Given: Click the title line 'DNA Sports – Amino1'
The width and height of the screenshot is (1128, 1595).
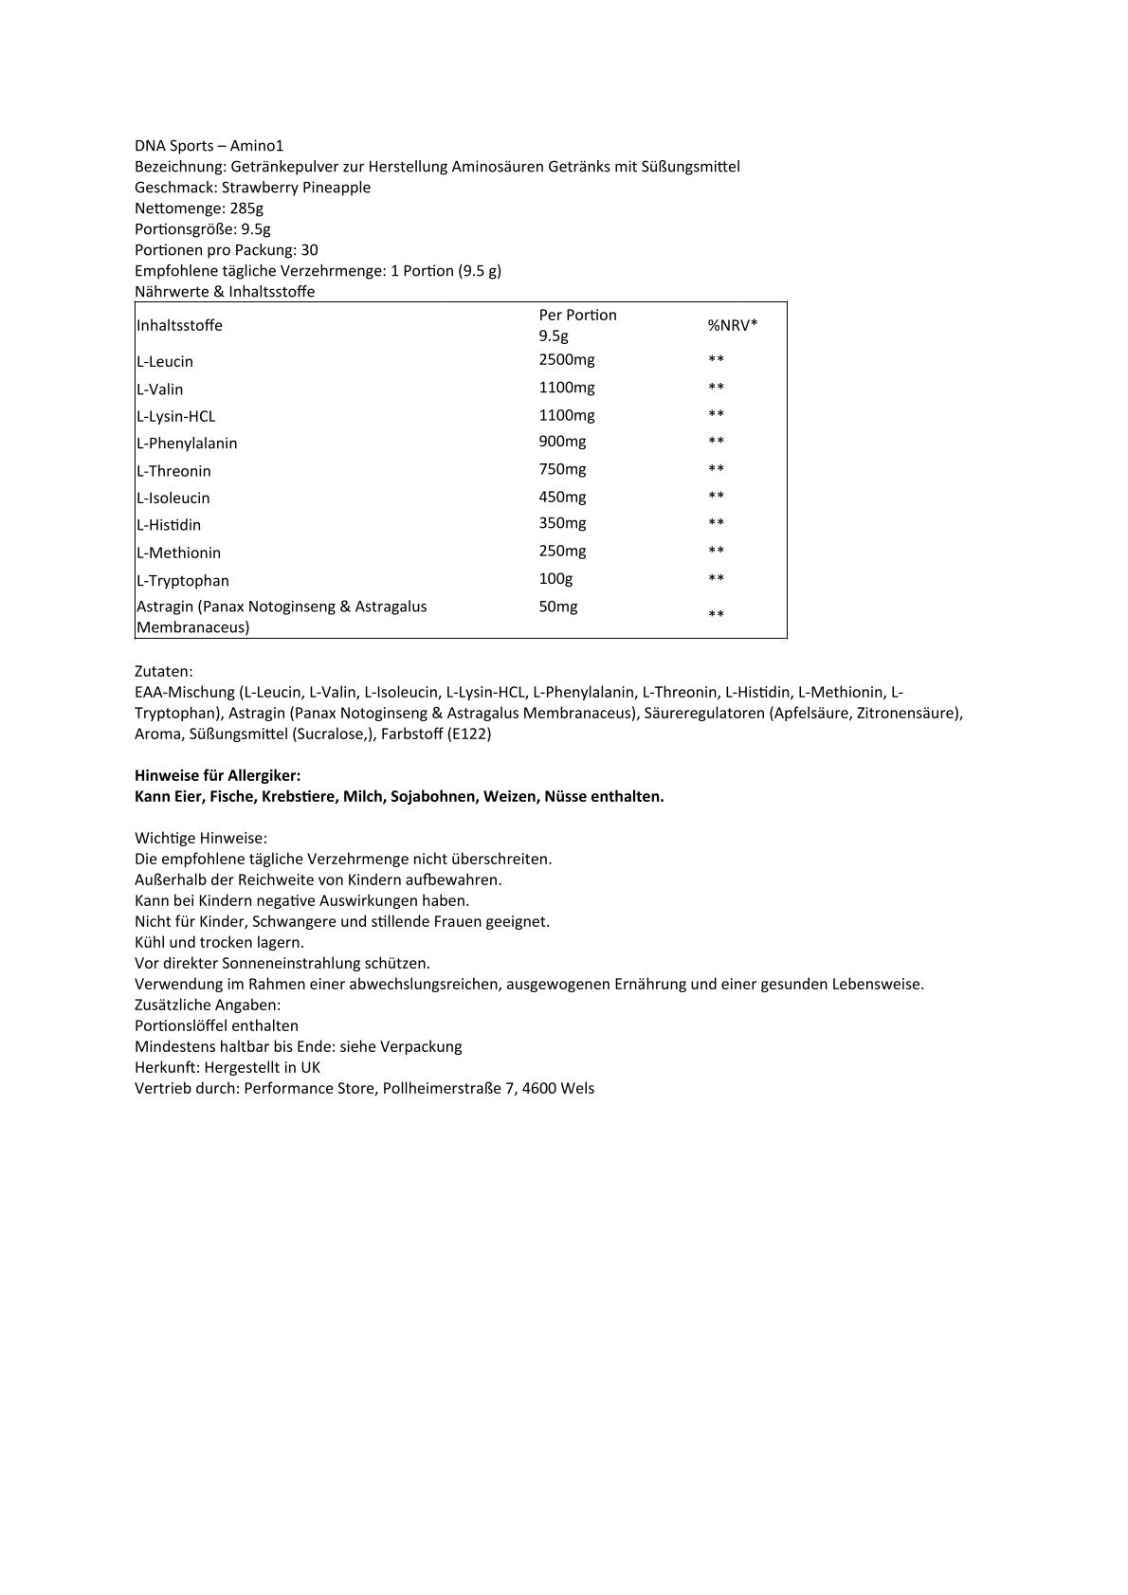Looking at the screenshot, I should [209, 146].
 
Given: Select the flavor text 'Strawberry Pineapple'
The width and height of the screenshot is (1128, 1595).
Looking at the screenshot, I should [296, 188].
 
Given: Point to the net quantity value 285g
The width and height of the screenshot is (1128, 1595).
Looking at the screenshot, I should [246, 208].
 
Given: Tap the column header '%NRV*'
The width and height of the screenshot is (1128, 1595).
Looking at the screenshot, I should [733, 325].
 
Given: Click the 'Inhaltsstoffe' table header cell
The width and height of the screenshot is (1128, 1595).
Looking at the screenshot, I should [179, 325].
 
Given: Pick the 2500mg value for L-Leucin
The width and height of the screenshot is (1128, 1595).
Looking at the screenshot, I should [567, 359].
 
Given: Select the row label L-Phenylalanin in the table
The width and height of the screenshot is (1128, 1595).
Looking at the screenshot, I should [187, 444].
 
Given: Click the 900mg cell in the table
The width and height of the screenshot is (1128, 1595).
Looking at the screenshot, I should [562, 442].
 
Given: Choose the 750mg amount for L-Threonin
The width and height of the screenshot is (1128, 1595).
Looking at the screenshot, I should [562, 469].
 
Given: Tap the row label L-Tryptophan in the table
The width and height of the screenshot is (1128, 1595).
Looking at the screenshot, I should [183, 581].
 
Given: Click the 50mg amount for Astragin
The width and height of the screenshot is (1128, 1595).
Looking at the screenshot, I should [557, 607].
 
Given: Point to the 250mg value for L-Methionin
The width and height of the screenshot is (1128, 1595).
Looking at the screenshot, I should [562, 551].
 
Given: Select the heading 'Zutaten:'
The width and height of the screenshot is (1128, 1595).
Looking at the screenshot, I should [163, 671].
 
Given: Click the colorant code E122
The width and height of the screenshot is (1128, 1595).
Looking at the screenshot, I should [469, 734].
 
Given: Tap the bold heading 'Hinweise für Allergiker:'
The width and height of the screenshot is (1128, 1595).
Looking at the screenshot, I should [217, 775].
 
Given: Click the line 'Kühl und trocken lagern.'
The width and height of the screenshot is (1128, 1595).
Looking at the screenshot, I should [219, 942].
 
